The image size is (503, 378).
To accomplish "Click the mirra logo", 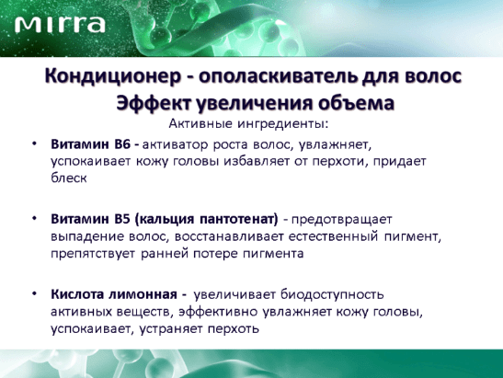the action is click(60, 24).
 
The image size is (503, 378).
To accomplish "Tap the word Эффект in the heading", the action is click(154, 103).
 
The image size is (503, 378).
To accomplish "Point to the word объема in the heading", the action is click(356, 103).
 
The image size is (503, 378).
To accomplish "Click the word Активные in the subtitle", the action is click(200, 123).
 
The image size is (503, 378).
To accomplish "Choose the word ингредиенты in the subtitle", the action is click(283, 124).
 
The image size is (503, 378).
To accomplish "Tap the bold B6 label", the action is click(122, 144).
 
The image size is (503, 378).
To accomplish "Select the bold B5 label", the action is click(122, 219).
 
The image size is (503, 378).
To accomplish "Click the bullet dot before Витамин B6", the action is click(34, 143).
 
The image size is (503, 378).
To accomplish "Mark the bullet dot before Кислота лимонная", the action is click(34, 293).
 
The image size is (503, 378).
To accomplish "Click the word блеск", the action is click(69, 178).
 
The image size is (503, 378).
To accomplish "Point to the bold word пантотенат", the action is click(239, 220).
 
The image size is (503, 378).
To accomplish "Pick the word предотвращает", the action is click(342, 220).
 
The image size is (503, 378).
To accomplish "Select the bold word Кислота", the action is click(77, 294).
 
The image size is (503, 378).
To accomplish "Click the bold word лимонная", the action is click(143, 294).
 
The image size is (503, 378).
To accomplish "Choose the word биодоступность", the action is click(332, 295).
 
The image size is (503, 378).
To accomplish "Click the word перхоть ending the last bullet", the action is click(234, 329).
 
